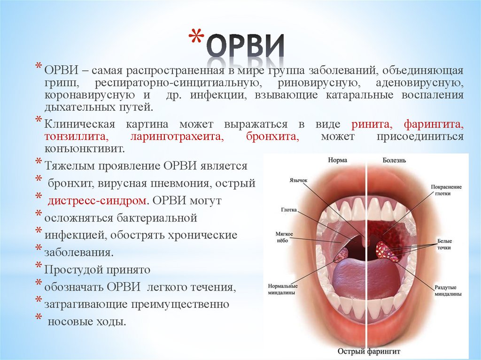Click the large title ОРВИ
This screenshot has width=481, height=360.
pyautogui.click(x=246, y=47)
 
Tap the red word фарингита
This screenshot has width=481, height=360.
pyautogui.click(x=434, y=124)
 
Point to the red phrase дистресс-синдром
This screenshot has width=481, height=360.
pyautogui.click(x=96, y=200)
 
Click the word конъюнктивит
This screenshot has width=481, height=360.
pyautogui.click(x=85, y=149)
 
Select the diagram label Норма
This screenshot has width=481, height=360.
pyautogui.click(x=338, y=160)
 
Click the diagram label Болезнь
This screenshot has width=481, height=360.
pyautogui.click(x=394, y=160)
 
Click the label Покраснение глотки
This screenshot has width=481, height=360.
pyautogui.click(x=446, y=190)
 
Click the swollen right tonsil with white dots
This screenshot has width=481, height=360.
pyautogui.click(x=388, y=251)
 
